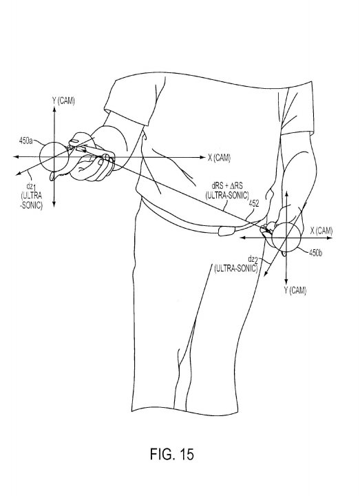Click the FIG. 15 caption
tap(171, 454)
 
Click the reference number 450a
tap(25, 141)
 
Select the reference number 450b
tap(315, 253)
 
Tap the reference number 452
tap(254, 204)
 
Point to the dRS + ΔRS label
tap(227, 186)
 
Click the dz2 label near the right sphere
tap(253, 260)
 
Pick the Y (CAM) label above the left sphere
tap(63, 101)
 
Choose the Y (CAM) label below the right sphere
tap(295, 291)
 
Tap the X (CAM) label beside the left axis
tap(219, 158)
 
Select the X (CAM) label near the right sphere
tap(321, 231)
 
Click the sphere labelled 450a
tap(54, 156)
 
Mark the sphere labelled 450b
tap(286, 237)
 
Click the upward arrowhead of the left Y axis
tap(54, 110)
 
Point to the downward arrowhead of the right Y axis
tap(286, 282)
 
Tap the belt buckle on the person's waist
tap(226, 231)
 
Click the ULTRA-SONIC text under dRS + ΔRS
tap(227, 196)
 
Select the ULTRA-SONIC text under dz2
tap(236, 269)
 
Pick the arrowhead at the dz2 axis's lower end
tap(266, 273)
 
